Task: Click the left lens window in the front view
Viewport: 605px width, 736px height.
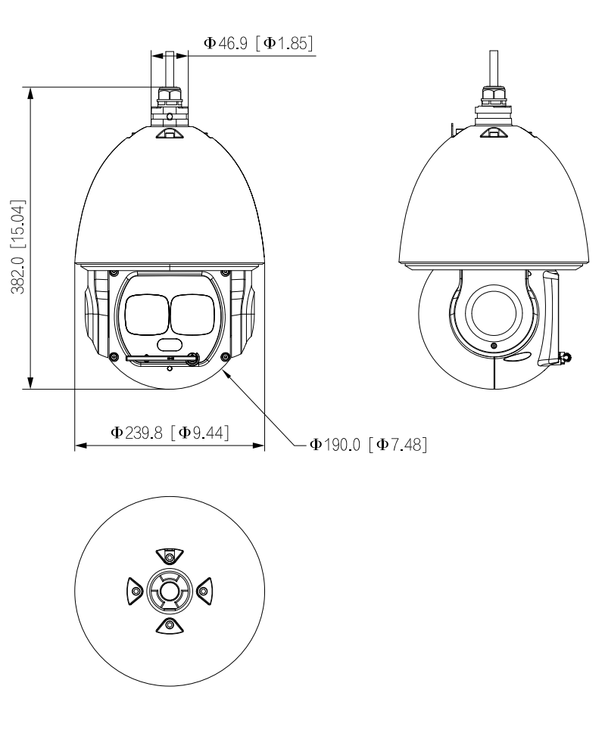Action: click(147, 313)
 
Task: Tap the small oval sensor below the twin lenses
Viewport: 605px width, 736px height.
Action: click(170, 345)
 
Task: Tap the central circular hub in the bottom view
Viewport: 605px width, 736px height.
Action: click(170, 589)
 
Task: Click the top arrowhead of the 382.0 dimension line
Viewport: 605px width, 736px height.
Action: click(30, 92)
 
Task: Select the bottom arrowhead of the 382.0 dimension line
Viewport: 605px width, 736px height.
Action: click(30, 384)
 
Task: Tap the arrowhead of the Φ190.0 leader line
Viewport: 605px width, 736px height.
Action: click(226, 370)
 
